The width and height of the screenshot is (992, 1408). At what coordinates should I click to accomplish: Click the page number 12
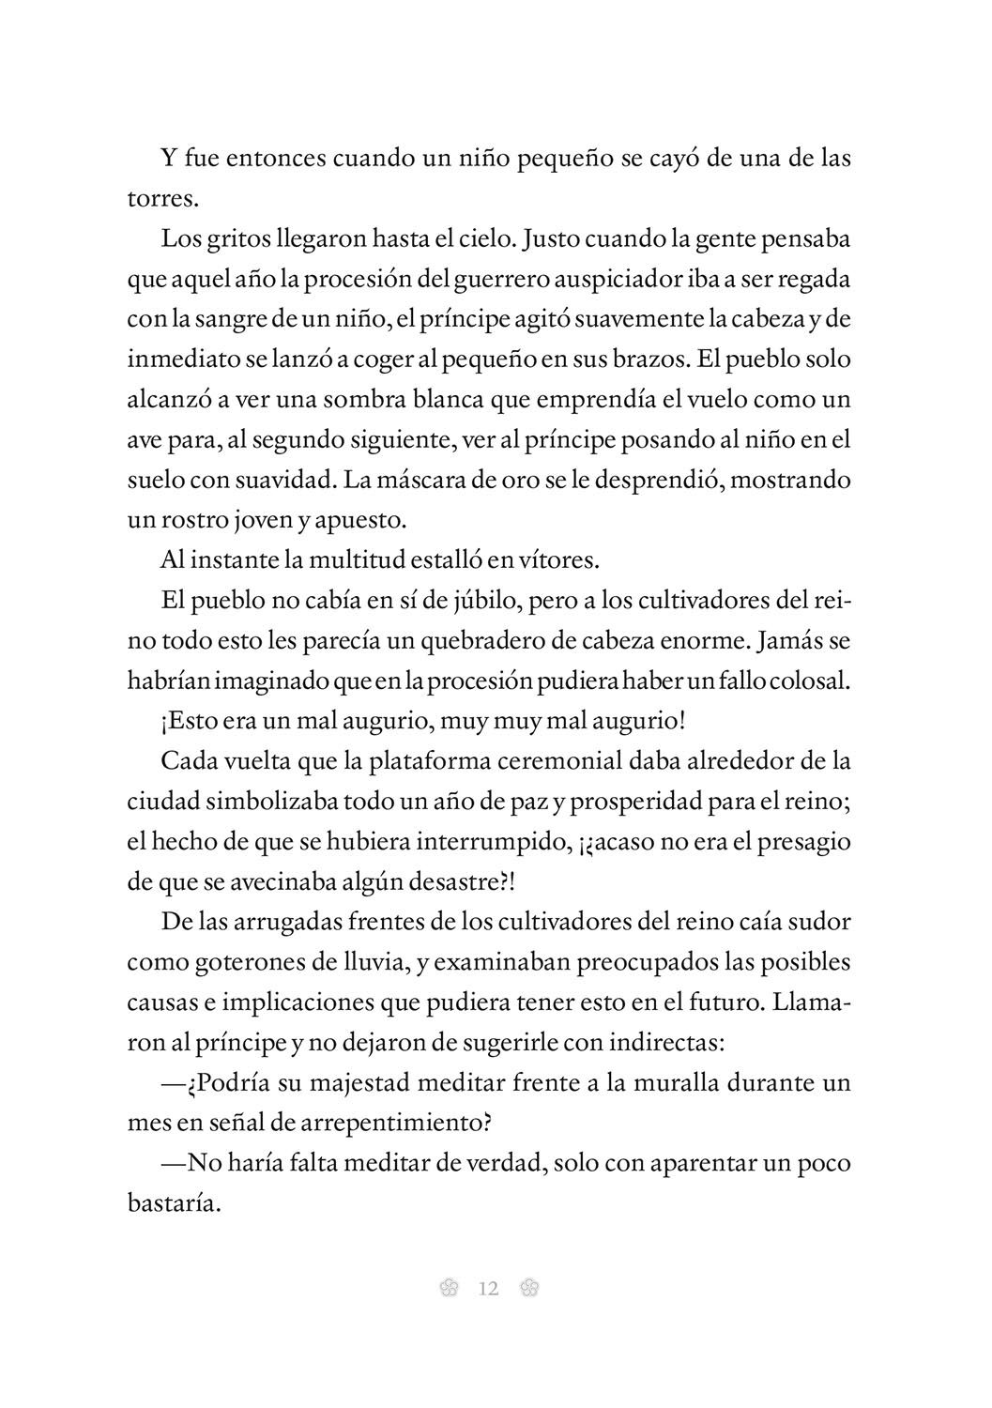[488, 1289]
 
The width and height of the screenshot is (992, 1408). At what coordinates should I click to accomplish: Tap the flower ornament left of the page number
[449, 1289]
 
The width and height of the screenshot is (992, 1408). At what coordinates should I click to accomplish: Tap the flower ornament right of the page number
[528, 1289]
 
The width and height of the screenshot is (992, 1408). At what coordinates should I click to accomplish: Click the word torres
[160, 199]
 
